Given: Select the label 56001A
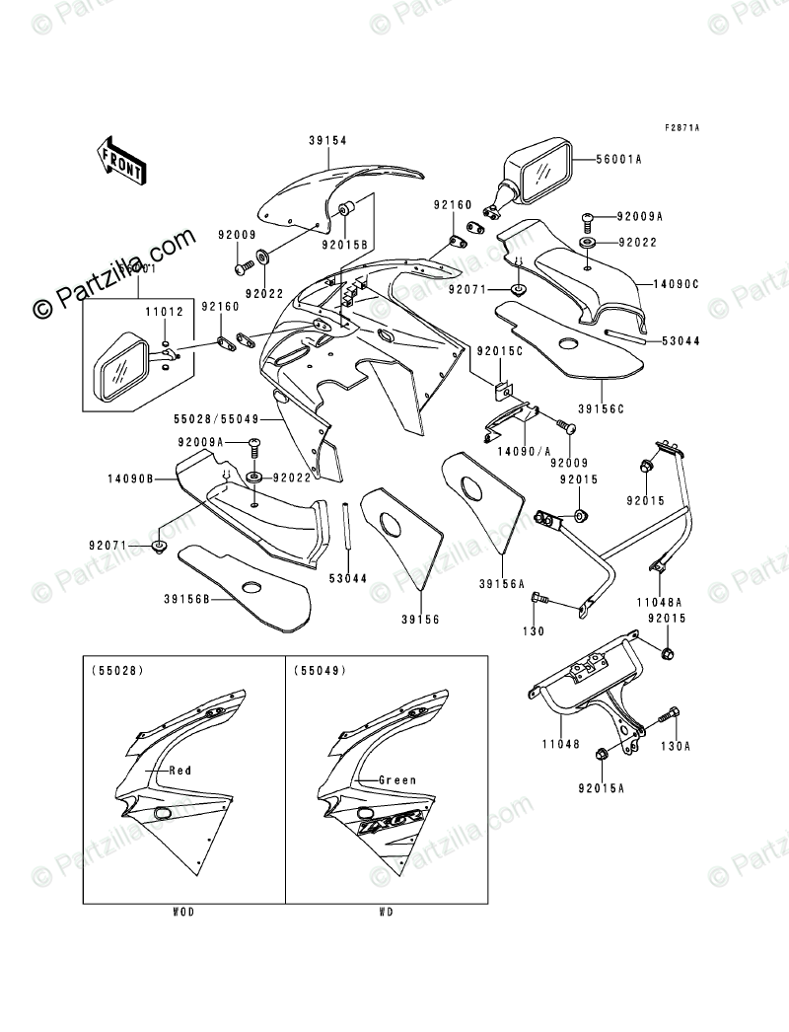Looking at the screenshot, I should tap(618, 158).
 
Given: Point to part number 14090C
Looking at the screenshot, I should tap(675, 284).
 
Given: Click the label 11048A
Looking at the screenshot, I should tap(660, 599).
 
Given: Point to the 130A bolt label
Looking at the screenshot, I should tap(677, 746).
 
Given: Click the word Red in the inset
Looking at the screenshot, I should tap(179, 771).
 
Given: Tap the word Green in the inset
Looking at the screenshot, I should tap(397, 779).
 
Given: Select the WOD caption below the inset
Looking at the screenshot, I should tap(183, 912).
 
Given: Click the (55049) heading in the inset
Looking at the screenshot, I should tap(316, 671).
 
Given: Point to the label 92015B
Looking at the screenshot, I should tap(350, 242).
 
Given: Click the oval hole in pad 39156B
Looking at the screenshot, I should tap(251, 590).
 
